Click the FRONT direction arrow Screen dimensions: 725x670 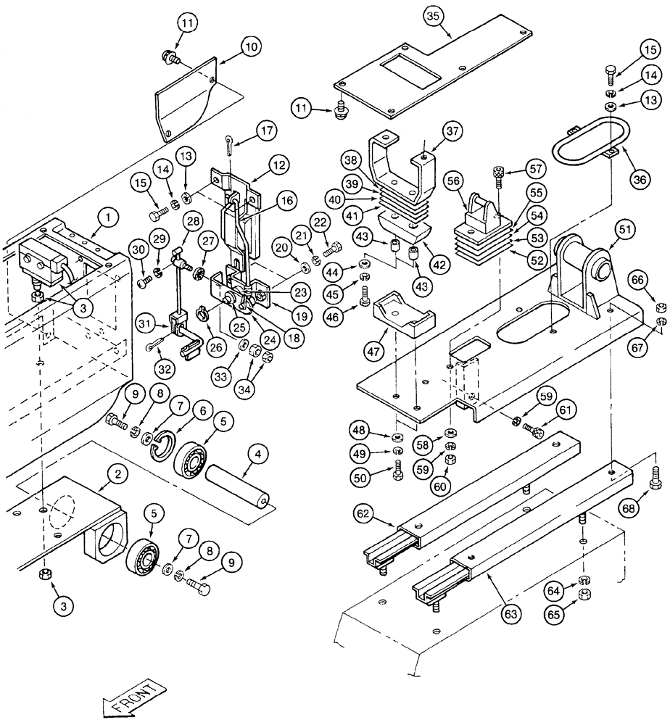[135, 698]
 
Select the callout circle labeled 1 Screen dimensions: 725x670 [107, 216]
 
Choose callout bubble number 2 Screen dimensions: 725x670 [115, 475]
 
